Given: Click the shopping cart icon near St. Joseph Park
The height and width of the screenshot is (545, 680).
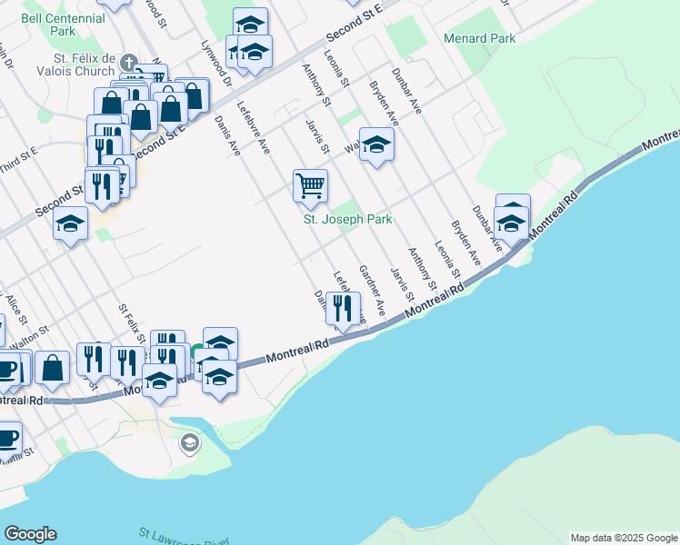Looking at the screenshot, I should click(x=310, y=184).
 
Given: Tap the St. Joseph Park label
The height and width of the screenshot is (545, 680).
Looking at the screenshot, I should click(x=347, y=220).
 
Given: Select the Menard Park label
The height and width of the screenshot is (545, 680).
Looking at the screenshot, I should click(x=479, y=38).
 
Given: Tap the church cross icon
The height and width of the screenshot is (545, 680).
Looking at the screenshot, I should click(x=129, y=64).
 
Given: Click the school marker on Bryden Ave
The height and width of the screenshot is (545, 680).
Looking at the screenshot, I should click(x=375, y=144).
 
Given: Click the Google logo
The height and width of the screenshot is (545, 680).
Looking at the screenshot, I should click(x=30, y=534).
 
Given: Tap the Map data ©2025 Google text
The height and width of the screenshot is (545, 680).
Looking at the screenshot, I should click(x=623, y=538).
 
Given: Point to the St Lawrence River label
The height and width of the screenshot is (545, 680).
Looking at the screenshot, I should click(x=182, y=537).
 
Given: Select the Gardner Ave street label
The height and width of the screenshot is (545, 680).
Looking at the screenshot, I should click(x=372, y=291).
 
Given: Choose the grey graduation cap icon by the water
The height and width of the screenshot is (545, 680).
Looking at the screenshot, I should click(x=190, y=443).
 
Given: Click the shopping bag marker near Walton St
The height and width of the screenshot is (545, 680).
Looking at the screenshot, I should click(x=53, y=368).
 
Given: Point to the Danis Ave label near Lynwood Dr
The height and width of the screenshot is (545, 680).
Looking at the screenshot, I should click(x=226, y=134).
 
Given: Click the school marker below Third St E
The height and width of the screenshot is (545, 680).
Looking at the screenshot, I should click(x=70, y=223).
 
